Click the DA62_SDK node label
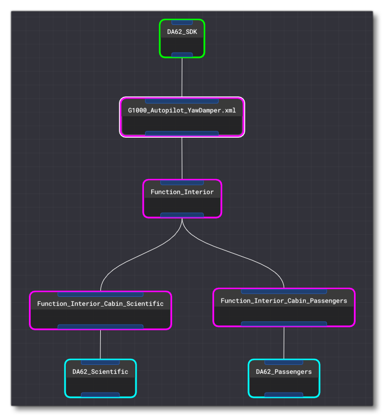(182, 32)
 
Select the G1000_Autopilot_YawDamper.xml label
(182, 110)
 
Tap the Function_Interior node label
(182, 192)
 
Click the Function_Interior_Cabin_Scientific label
(100, 304)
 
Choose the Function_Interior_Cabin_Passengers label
(284, 300)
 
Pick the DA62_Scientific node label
(100, 372)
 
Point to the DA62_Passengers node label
(284, 372)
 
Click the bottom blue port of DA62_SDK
(182, 55)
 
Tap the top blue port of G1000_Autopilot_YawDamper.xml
(182, 101)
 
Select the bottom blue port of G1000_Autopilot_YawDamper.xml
(182, 134)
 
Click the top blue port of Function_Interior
(182, 182)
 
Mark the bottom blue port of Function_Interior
(182, 215)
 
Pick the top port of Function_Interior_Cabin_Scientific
(100, 295)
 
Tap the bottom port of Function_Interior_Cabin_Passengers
(284, 324)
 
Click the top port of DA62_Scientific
(100, 362)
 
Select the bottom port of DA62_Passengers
(284, 395)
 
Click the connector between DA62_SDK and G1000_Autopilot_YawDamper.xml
(182, 77)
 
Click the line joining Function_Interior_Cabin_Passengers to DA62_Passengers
(284, 343)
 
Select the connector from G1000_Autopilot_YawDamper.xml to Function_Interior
(182, 158)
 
